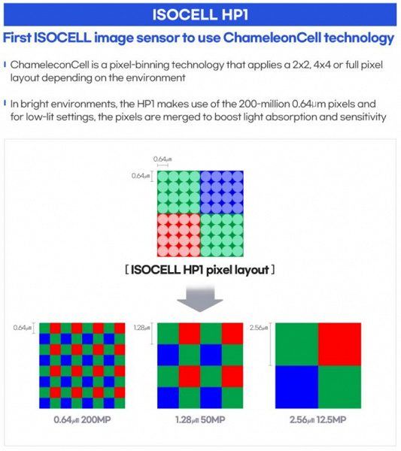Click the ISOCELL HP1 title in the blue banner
(x=200, y=14)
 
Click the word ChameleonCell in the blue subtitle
(x=272, y=38)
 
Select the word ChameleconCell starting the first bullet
(x=50, y=65)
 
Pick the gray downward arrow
(x=200, y=298)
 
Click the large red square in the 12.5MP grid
(x=340, y=344)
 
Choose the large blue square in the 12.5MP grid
(x=296, y=387)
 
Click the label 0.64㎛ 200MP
(x=82, y=419)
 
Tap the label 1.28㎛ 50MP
(x=200, y=419)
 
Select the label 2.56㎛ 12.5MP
(x=317, y=419)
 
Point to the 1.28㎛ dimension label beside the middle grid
(x=141, y=327)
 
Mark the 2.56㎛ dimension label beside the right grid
(x=259, y=327)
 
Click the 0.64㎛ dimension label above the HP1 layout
(x=163, y=159)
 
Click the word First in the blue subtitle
(x=17, y=38)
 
